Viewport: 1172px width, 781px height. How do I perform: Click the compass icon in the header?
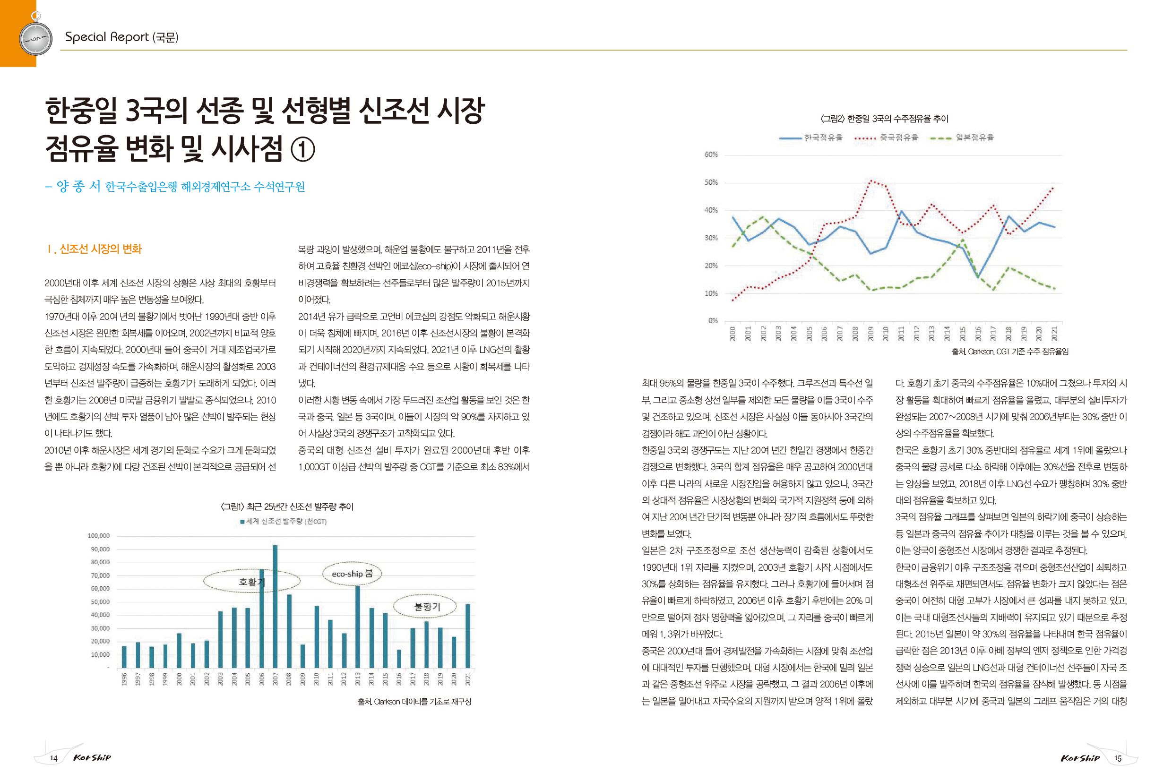point(35,37)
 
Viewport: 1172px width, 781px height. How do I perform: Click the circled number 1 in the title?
point(302,149)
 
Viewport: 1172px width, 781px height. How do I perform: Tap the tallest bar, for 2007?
point(275,606)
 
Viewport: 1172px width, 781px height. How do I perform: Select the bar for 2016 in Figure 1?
point(398,659)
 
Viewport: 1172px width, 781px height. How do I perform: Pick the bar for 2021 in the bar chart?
point(467,635)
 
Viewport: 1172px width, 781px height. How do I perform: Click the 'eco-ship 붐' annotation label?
point(352,574)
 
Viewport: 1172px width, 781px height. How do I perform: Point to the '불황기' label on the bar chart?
point(427,606)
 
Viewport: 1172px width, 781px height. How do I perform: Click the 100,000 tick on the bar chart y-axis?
point(99,536)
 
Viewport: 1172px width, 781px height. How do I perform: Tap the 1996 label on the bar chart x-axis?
point(124,679)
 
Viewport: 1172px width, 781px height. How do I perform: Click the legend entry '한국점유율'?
point(811,138)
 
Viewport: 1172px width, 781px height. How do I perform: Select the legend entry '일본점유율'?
point(962,138)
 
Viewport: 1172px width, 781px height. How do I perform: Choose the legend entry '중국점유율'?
point(886,138)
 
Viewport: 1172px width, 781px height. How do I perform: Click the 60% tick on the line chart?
point(711,154)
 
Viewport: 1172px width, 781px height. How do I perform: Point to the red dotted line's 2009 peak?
point(870,180)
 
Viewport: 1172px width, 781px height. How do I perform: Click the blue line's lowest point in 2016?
point(977,276)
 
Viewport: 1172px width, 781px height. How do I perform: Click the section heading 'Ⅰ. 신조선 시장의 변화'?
point(95,249)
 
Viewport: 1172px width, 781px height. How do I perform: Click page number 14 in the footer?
point(54,758)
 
